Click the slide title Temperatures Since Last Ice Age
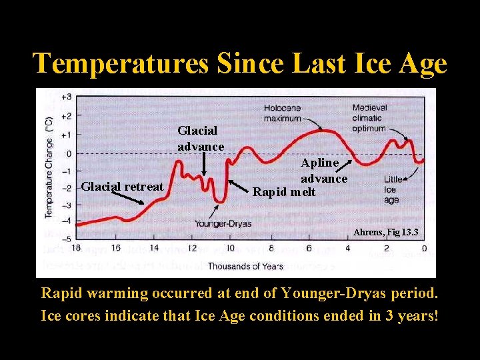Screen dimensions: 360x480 tap(240, 63)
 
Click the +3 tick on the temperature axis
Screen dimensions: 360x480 tap(67, 97)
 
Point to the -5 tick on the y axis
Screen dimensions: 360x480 tap(67, 239)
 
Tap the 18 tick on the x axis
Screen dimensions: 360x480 tap(77, 249)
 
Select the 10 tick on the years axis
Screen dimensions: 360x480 tap(231, 249)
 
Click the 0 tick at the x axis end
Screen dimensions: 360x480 tap(424, 249)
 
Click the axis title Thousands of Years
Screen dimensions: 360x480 tap(245, 266)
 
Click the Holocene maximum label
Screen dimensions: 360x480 tap(283, 113)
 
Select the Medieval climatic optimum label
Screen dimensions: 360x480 tap(369, 117)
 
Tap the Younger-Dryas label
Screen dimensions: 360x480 tap(223, 224)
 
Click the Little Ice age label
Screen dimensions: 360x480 tap(393, 189)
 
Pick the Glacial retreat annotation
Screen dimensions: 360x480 tap(122, 187)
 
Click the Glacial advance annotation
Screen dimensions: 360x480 tap(201, 139)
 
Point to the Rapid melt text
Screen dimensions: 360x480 tap(283, 192)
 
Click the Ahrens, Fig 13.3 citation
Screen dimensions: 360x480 tap(386, 232)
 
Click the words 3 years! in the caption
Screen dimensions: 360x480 tap(412, 315)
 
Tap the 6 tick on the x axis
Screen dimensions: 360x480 tap(309, 249)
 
